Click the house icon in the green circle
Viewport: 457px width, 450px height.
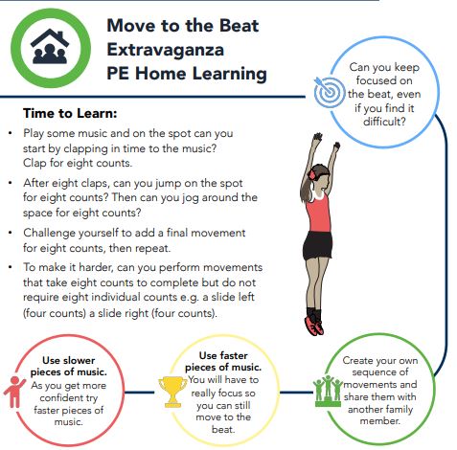point(50,47)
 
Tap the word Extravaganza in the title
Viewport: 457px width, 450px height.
point(165,50)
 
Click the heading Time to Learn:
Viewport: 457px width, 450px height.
point(70,113)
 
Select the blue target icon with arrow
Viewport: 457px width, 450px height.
point(329,92)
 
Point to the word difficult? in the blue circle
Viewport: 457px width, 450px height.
point(384,122)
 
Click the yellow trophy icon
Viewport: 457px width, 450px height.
point(172,392)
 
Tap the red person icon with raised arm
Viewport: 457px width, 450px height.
point(14,392)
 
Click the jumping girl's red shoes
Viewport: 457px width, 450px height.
point(315,325)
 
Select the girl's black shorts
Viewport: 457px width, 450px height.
point(317,245)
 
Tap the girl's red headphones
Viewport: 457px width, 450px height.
point(312,174)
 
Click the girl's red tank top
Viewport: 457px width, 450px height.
point(318,212)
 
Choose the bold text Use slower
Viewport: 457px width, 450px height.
point(68,360)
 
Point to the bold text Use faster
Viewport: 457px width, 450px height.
point(223,355)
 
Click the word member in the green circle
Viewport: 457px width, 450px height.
point(379,421)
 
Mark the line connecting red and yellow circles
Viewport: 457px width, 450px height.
point(140,393)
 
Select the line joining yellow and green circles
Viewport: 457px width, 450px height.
point(296,393)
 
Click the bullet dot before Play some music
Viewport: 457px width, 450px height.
point(11,133)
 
